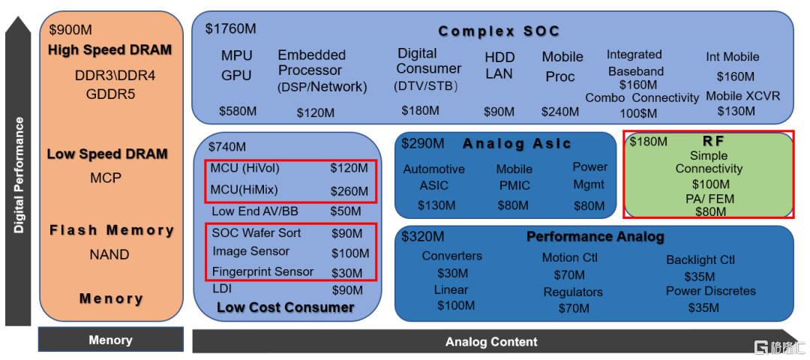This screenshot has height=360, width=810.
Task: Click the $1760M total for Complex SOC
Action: (x=230, y=28)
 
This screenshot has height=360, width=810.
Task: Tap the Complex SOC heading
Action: (x=499, y=31)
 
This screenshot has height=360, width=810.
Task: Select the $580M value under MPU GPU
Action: (x=238, y=111)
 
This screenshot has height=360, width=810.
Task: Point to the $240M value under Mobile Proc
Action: (x=560, y=112)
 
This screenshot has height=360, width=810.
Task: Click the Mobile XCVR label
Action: (x=742, y=96)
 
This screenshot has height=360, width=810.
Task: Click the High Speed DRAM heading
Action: (x=109, y=50)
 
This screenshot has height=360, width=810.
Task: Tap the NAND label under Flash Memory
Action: (x=109, y=255)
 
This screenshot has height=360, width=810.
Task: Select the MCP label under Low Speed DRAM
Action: (x=106, y=178)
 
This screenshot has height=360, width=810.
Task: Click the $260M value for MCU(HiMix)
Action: (x=349, y=191)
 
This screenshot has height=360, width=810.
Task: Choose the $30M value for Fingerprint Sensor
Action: (x=346, y=273)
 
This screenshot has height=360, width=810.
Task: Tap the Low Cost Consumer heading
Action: (x=286, y=307)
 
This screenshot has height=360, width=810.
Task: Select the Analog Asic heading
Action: (x=517, y=143)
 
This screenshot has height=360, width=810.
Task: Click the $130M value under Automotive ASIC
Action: (x=436, y=205)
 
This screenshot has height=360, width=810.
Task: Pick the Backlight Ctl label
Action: (x=700, y=259)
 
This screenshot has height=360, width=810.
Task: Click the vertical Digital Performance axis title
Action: (x=19, y=175)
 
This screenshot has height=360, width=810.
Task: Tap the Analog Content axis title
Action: (x=491, y=342)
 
